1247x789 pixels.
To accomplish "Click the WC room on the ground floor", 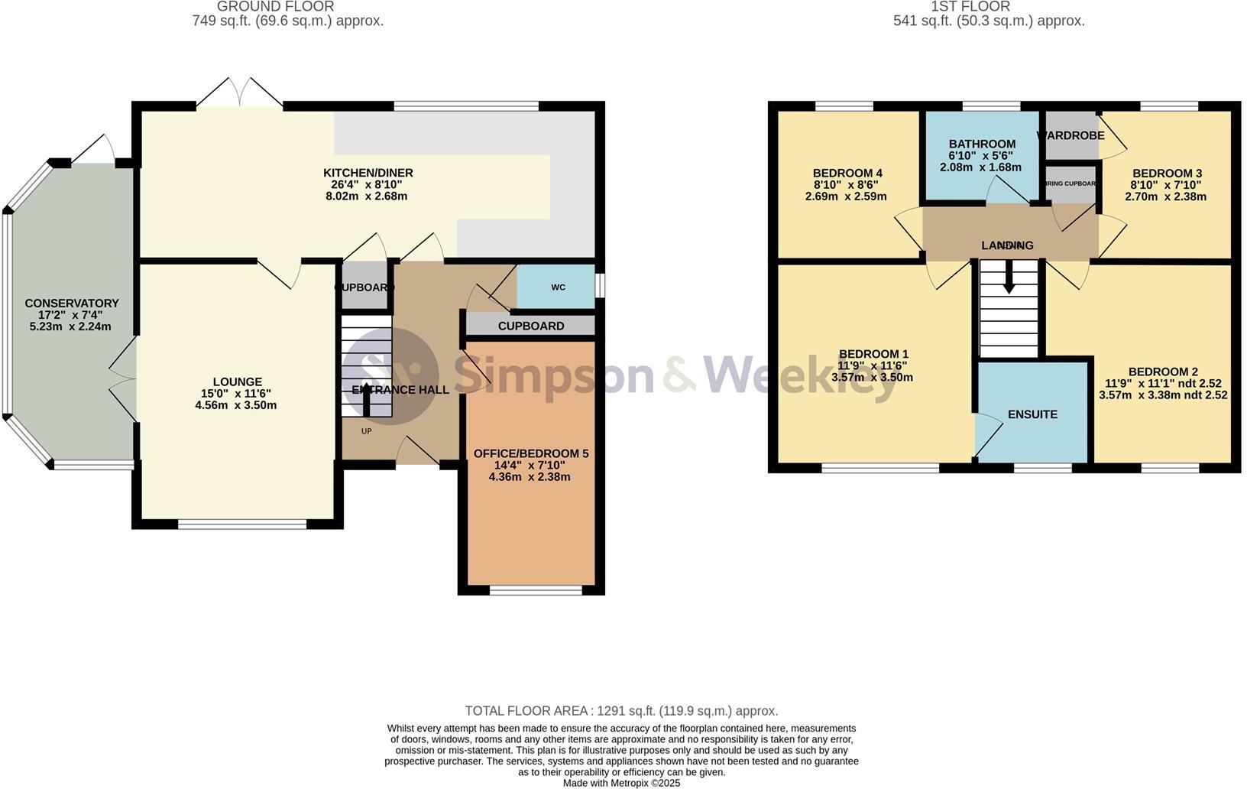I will [558, 287].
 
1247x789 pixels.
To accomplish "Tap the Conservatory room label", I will [72, 304].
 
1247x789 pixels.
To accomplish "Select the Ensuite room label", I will [1032, 414].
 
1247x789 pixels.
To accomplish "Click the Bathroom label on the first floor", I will [982, 144].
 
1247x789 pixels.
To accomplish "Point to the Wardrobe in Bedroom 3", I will [1070, 135].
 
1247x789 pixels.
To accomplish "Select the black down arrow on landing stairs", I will [1009, 278].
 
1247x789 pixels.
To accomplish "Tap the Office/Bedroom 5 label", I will [531, 453].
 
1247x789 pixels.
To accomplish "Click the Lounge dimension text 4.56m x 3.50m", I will [236, 405].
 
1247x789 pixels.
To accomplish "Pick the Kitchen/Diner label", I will [368, 173].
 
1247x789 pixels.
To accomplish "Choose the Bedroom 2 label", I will [1163, 372].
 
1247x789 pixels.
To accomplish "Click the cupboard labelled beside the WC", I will [530, 326].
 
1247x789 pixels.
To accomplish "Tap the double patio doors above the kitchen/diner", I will [240, 93].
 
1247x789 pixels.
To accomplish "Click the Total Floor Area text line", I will [621, 711].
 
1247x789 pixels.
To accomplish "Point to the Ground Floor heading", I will [275, 7].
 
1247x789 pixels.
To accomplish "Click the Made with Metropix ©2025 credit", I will [621, 783].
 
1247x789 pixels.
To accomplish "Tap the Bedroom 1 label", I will [873, 354].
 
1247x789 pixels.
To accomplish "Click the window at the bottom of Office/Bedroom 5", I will [536, 589].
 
